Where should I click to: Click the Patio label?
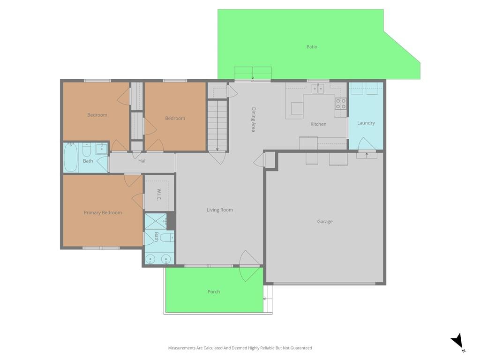(312, 47)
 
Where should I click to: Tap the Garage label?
(325, 221)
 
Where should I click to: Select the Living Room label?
(220, 210)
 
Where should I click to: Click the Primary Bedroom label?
(103, 212)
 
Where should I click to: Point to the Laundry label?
(366, 123)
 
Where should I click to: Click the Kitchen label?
(318, 124)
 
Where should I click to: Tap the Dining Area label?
(254, 120)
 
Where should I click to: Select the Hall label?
(142, 161)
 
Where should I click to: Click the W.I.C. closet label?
(159, 195)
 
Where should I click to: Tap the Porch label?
(214, 292)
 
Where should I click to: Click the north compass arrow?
(457, 340)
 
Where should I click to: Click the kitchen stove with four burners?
(341, 103)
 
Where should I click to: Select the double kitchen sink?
(318, 89)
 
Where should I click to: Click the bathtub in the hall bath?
(71, 157)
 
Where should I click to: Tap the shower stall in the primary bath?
(156, 221)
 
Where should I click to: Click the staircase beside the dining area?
(217, 125)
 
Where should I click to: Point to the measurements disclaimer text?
(240, 348)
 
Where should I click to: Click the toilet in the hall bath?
(87, 150)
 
